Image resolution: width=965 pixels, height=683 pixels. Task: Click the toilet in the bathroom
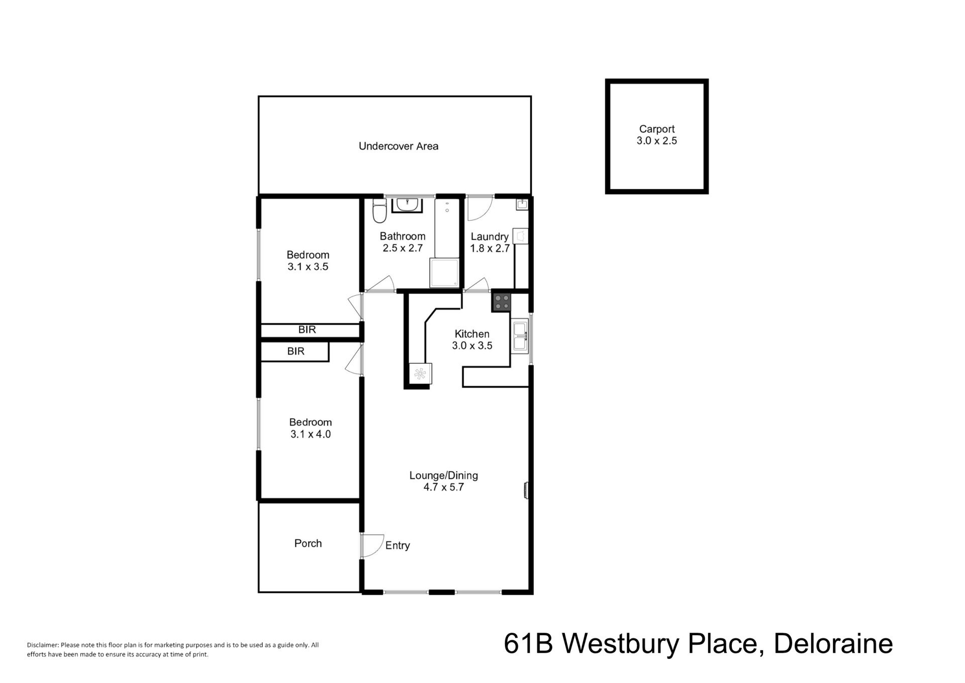coord(379,211)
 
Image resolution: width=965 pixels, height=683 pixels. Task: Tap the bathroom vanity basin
coord(407,205)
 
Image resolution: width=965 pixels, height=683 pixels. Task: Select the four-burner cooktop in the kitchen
coord(502,302)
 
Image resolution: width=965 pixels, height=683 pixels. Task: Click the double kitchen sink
coord(520,336)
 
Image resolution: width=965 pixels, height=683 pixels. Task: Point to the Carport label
coord(656,129)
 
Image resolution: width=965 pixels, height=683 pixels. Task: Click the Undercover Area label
coord(399,146)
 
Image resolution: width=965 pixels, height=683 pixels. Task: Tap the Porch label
coord(308,543)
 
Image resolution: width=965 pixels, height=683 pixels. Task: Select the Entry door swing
coord(372,546)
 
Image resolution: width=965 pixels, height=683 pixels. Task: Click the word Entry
coord(398,546)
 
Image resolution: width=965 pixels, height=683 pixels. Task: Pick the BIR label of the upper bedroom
coord(307,329)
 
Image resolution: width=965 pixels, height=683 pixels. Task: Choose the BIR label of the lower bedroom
coord(296,351)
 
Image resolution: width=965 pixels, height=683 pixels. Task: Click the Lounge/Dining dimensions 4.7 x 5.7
coord(443,487)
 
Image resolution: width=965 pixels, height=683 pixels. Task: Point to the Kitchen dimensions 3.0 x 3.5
coord(472,346)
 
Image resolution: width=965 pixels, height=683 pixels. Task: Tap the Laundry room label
coord(490,236)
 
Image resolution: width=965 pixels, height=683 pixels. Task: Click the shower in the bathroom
coord(444,273)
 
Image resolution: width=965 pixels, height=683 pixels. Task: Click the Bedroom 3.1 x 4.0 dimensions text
coord(311,434)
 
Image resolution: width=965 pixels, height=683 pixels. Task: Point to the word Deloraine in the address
coord(833,644)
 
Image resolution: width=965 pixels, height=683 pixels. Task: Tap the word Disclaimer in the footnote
coord(43,645)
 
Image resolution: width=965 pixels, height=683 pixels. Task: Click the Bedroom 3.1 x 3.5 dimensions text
coord(308,267)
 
